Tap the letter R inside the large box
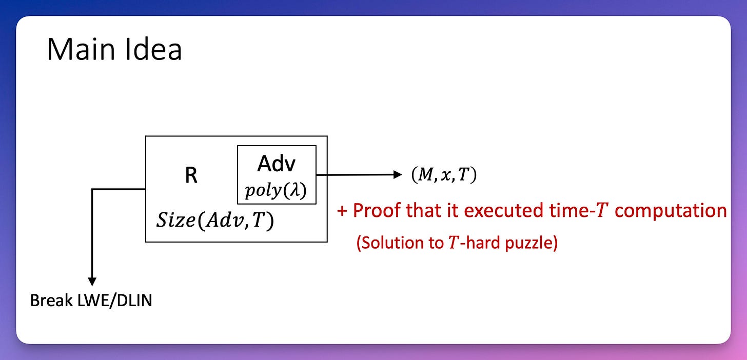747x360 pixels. point(191,176)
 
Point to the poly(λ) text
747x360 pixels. point(276,191)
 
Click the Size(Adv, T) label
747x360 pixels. point(214,221)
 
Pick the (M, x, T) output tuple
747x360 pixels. point(443,175)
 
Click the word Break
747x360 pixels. point(50,301)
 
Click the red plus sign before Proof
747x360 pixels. point(342,211)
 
